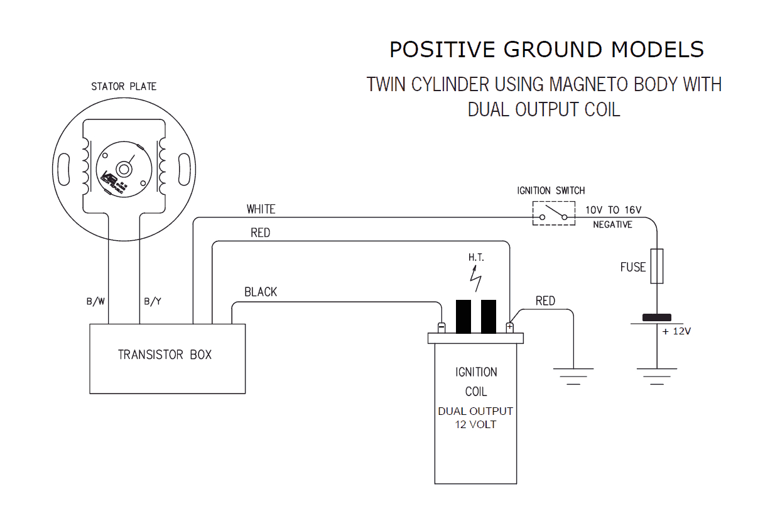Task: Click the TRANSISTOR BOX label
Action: [165, 355]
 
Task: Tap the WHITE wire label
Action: [261, 209]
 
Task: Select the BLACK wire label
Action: [261, 292]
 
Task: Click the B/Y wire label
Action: [153, 302]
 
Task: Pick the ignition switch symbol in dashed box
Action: [554, 213]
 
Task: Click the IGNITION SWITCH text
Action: [551, 190]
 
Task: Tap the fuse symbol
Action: [656, 266]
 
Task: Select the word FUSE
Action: [632, 267]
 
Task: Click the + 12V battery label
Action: [676, 331]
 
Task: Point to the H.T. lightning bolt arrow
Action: [477, 280]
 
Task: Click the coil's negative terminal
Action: [442, 328]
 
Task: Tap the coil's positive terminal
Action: [509, 328]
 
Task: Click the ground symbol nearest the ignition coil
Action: [573, 375]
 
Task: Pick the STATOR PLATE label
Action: [124, 86]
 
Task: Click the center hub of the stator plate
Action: [124, 168]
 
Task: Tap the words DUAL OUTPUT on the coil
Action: [475, 411]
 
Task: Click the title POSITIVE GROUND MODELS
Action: [546, 50]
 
